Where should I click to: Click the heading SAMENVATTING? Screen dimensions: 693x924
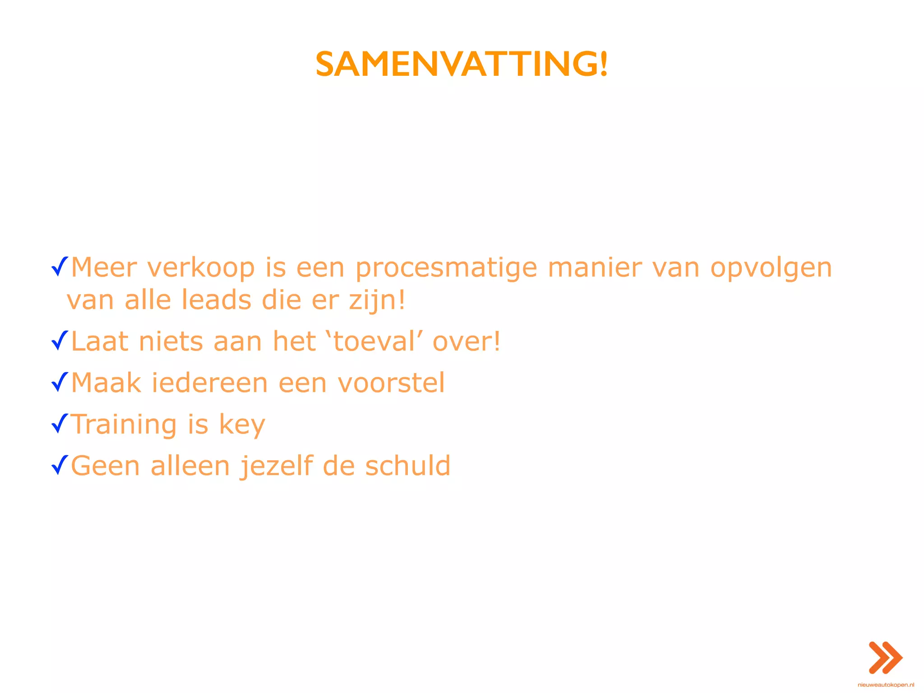(x=462, y=64)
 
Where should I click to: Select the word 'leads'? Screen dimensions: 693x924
(x=216, y=300)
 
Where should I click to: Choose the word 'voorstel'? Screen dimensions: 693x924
(x=391, y=383)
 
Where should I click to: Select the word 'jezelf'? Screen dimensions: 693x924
(x=276, y=466)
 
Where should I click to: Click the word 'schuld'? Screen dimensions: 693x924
(x=407, y=466)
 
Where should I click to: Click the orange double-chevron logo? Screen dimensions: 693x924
(x=885, y=657)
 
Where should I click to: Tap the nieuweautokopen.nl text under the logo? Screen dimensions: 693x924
(x=886, y=685)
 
